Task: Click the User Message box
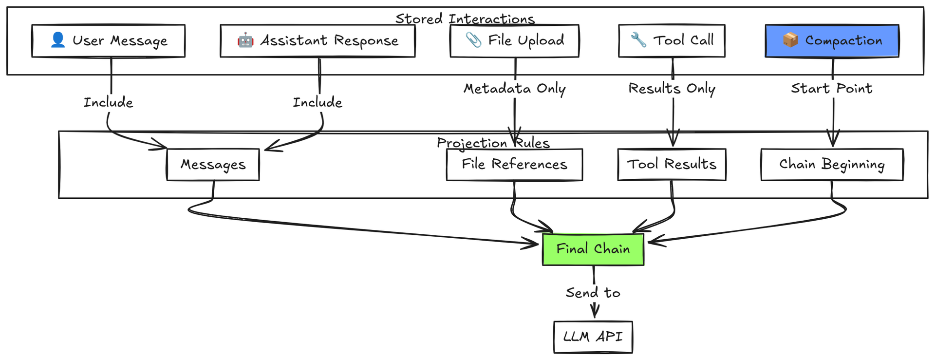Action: [x=108, y=41]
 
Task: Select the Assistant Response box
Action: [x=318, y=41]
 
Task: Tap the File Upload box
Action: [x=514, y=41]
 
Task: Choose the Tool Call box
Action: [x=672, y=41]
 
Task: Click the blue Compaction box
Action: [x=832, y=41]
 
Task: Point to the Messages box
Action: [x=213, y=165]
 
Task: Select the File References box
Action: [x=514, y=165]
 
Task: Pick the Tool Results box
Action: [x=672, y=165]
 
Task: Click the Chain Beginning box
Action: [x=832, y=165]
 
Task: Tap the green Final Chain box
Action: [x=593, y=249]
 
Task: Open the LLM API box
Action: [x=593, y=337]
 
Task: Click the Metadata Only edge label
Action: [x=514, y=89]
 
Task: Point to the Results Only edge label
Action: [x=672, y=89]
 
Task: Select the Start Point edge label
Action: [x=832, y=89]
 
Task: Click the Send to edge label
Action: [x=593, y=293]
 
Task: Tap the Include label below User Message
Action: [x=108, y=102]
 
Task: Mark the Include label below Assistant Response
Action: [x=318, y=102]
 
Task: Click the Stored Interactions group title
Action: [x=465, y=19]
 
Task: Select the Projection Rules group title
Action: [x=493, y=143]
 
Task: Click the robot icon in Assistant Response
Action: [x=245, y=40]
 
